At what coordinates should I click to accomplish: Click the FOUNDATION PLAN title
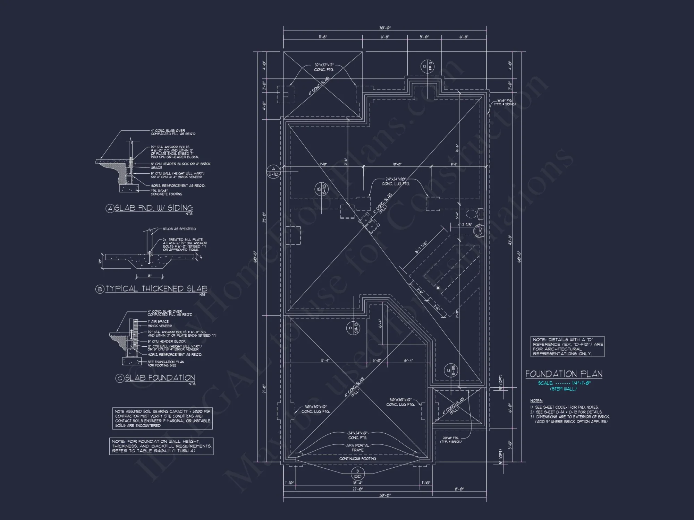(x=564, y=374)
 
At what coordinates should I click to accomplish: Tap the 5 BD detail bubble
(x=358, y=474)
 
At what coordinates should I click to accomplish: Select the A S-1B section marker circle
(x=273, y=172)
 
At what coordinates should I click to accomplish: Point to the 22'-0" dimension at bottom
(x=358, y=489)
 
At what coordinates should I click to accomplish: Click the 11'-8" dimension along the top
(x=323, y=37)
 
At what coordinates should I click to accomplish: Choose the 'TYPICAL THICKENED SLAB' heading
(x=156, y=289)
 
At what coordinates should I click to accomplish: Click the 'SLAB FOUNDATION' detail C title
(x=160, y=378)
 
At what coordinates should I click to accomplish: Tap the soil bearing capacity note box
(x=162, y=418)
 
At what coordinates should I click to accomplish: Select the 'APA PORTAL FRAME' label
(x=358, y=448)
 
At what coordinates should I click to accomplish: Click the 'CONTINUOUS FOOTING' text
(x=358, y=459)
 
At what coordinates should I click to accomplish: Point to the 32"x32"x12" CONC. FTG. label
(x=324, y=67)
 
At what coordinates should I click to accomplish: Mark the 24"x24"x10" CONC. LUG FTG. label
(x=396, y=182)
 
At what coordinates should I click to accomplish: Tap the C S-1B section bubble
(x=451, y=371)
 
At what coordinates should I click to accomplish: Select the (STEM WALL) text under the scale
(x=564, y=389)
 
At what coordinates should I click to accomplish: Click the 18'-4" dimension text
(x=358, y=483)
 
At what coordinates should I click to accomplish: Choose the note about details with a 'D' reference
(x=567, y=347)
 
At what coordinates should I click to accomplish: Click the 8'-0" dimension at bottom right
(x=459, y=489)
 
